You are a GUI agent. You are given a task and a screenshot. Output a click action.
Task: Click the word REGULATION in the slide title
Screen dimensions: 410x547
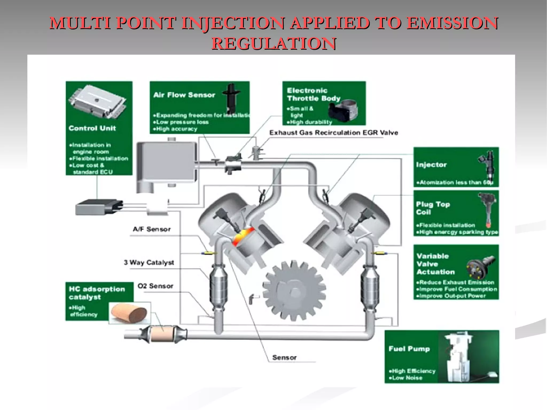[x=274, y=44]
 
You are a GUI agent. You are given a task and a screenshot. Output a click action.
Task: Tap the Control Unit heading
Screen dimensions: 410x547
[x=92, y=128]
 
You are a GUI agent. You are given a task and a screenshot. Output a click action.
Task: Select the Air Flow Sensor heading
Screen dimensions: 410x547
[x=184, y=95]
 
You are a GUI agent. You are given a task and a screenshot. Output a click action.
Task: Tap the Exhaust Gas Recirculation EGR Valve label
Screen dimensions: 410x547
[x=334, y=133]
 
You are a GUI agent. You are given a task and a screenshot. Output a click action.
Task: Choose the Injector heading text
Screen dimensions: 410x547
[x=431, y=165]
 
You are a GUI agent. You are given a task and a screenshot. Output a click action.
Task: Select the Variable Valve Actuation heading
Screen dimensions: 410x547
[x=435, y=264]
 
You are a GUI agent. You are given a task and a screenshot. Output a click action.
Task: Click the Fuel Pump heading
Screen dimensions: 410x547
[x=409, y=349]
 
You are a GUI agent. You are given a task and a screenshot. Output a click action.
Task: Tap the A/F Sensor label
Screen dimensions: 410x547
[x=151, y=229]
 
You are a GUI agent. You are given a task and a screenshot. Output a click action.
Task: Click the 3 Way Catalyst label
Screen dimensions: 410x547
[x=149, y=262]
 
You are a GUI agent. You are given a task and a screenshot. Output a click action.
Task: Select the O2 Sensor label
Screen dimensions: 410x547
[x=155, y=286]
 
